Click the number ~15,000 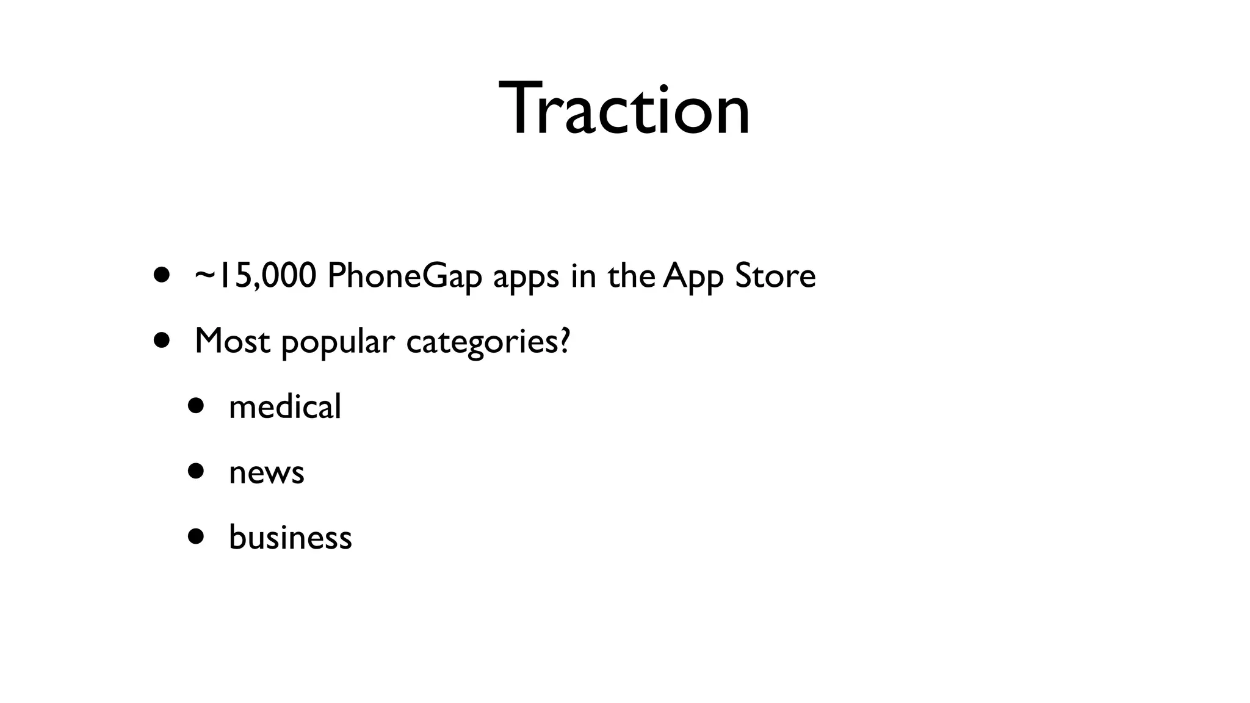click(255, 276)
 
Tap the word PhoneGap click(405, 276)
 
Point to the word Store click(775, 276)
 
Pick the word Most click(232, 341)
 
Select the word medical click(285, 406)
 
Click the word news click(266, 473)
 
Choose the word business click(291, 538)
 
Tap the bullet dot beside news click(196, 471)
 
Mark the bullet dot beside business click(196, 536)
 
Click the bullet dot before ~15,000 click(162, 275)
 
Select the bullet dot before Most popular click(162, 339)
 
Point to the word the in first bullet click(631, 276)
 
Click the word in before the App click(583, 276)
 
